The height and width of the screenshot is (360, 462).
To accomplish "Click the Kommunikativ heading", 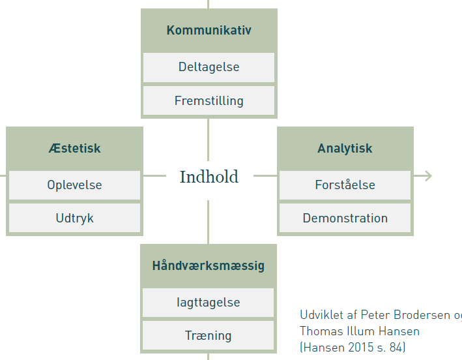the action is (x=209, y=30).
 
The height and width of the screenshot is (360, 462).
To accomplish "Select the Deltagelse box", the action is (x=209, y=68).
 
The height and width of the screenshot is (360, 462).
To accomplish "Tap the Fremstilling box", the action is (x=209, y=100).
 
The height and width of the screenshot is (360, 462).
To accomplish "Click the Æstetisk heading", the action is (x=74, y=148).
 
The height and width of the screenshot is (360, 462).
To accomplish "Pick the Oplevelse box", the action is (x=74, y=185).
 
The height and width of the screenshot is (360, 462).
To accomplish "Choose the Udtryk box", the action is (x=74, y=218).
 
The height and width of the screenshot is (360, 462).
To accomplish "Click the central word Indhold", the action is (x=209, y=177).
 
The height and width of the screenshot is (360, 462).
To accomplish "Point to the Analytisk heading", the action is (x=345, y=148).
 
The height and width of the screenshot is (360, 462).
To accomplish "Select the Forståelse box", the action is (x=345, y=185).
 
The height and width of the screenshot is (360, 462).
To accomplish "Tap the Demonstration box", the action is (x=345, y=218).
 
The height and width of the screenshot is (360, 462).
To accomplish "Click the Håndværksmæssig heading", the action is (x=209, y=265).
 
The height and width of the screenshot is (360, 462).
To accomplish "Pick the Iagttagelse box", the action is (x=209, y=303).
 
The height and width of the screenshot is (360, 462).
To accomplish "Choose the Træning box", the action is (x=209, y=335).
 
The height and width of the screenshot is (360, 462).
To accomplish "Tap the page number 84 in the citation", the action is (x=396, y=348).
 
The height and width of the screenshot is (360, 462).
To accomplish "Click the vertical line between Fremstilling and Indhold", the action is (x=209, y=140).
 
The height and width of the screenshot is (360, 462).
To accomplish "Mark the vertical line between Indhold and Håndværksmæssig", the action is (x=209, y=222).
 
